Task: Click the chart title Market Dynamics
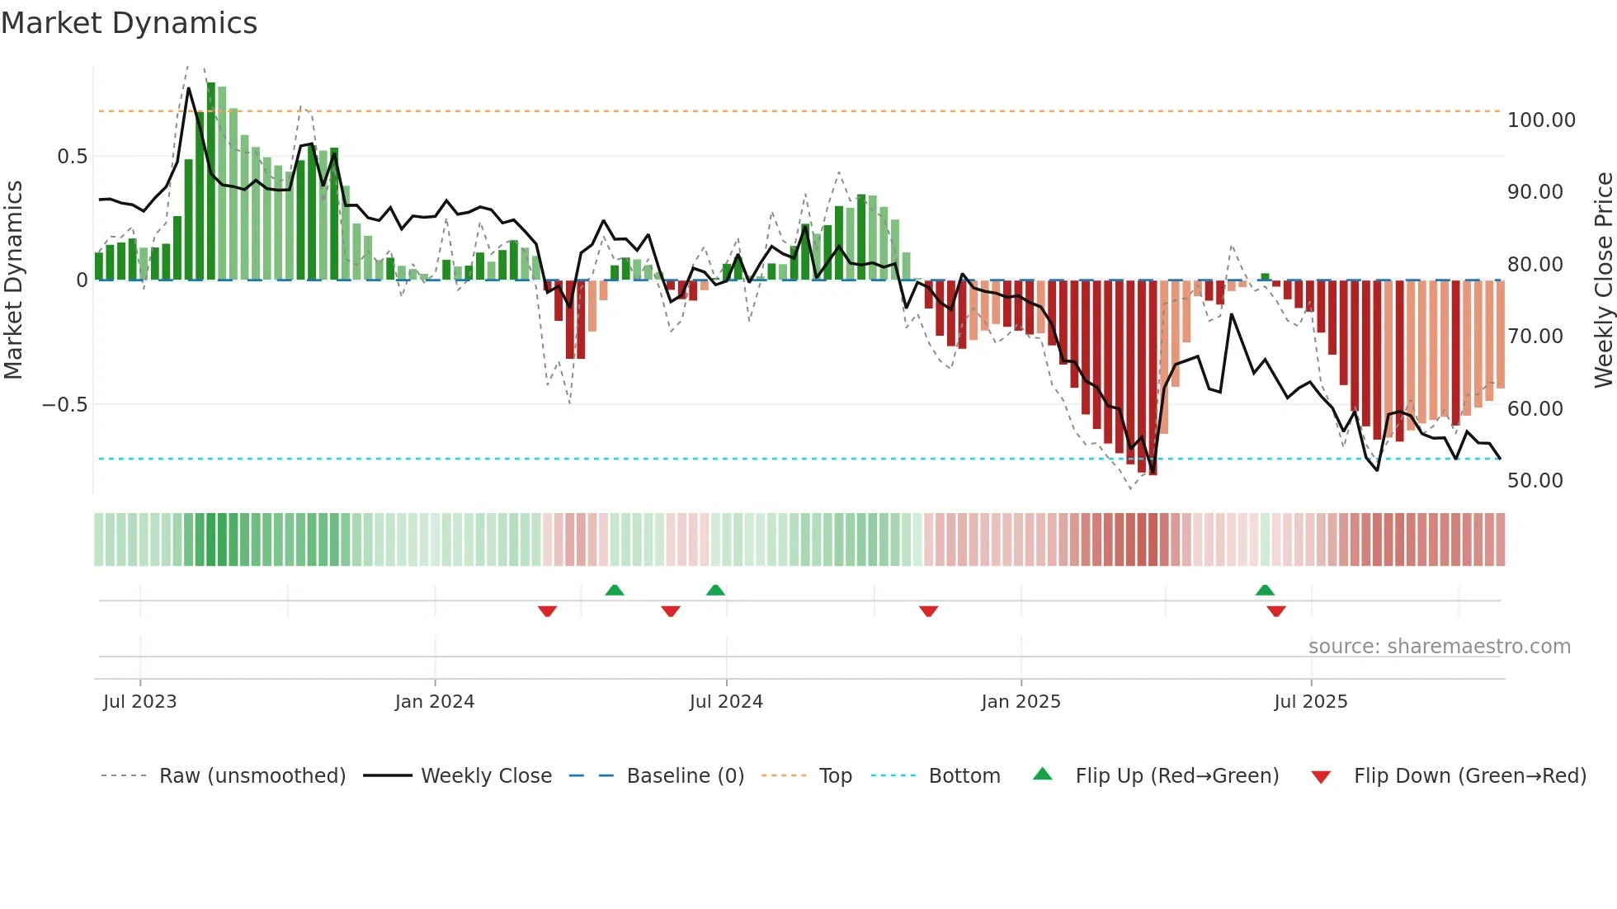coord(130,23)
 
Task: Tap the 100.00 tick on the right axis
coord(1540,120)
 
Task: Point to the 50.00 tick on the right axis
coord(1534,481)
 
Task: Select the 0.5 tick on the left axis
coord(72,157)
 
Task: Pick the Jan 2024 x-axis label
coord(434,702)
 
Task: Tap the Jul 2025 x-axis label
coord(1310,702)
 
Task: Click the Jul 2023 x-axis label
coord(139,702)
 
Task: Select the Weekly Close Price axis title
coord(1603,280)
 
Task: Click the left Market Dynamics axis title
coord(13,280)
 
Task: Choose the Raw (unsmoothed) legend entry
coord(252,776)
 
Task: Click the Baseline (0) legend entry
coord(685,776)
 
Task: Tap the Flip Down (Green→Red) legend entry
coord(1469,776)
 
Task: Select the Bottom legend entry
coord(964,776)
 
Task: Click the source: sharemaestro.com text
coord(1439,647)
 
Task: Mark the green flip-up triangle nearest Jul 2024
coord(715,591)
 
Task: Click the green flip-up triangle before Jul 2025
coord(1265,591)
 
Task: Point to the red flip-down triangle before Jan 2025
coord(928,610)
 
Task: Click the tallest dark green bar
coord(211,181)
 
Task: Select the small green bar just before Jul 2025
coord(1265,277)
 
